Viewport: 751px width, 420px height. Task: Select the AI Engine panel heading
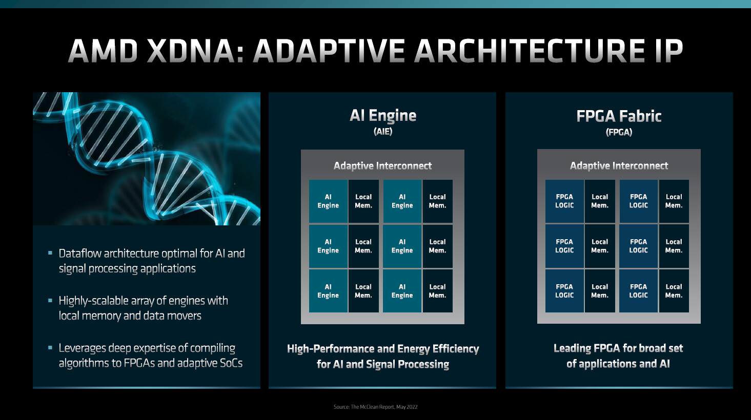pos(383,116)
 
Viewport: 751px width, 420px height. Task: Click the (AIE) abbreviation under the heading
pos(383,131)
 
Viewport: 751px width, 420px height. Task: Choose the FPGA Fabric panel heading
pos(619,116)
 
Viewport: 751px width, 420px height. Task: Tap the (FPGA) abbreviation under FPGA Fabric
pos(619,132)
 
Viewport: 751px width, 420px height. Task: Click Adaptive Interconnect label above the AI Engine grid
pos(382,166)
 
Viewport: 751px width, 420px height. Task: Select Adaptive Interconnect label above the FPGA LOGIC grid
pos(619,166)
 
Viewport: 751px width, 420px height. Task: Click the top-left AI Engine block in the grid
pos(328,201)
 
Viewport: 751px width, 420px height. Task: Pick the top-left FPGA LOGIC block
pos(564,201)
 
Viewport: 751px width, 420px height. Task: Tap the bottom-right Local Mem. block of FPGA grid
pos(674,291)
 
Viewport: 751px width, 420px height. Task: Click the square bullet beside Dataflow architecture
pos(50,253)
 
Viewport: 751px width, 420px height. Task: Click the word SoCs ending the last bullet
pos(231,363)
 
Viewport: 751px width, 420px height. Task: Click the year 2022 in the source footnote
pos(412,407)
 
